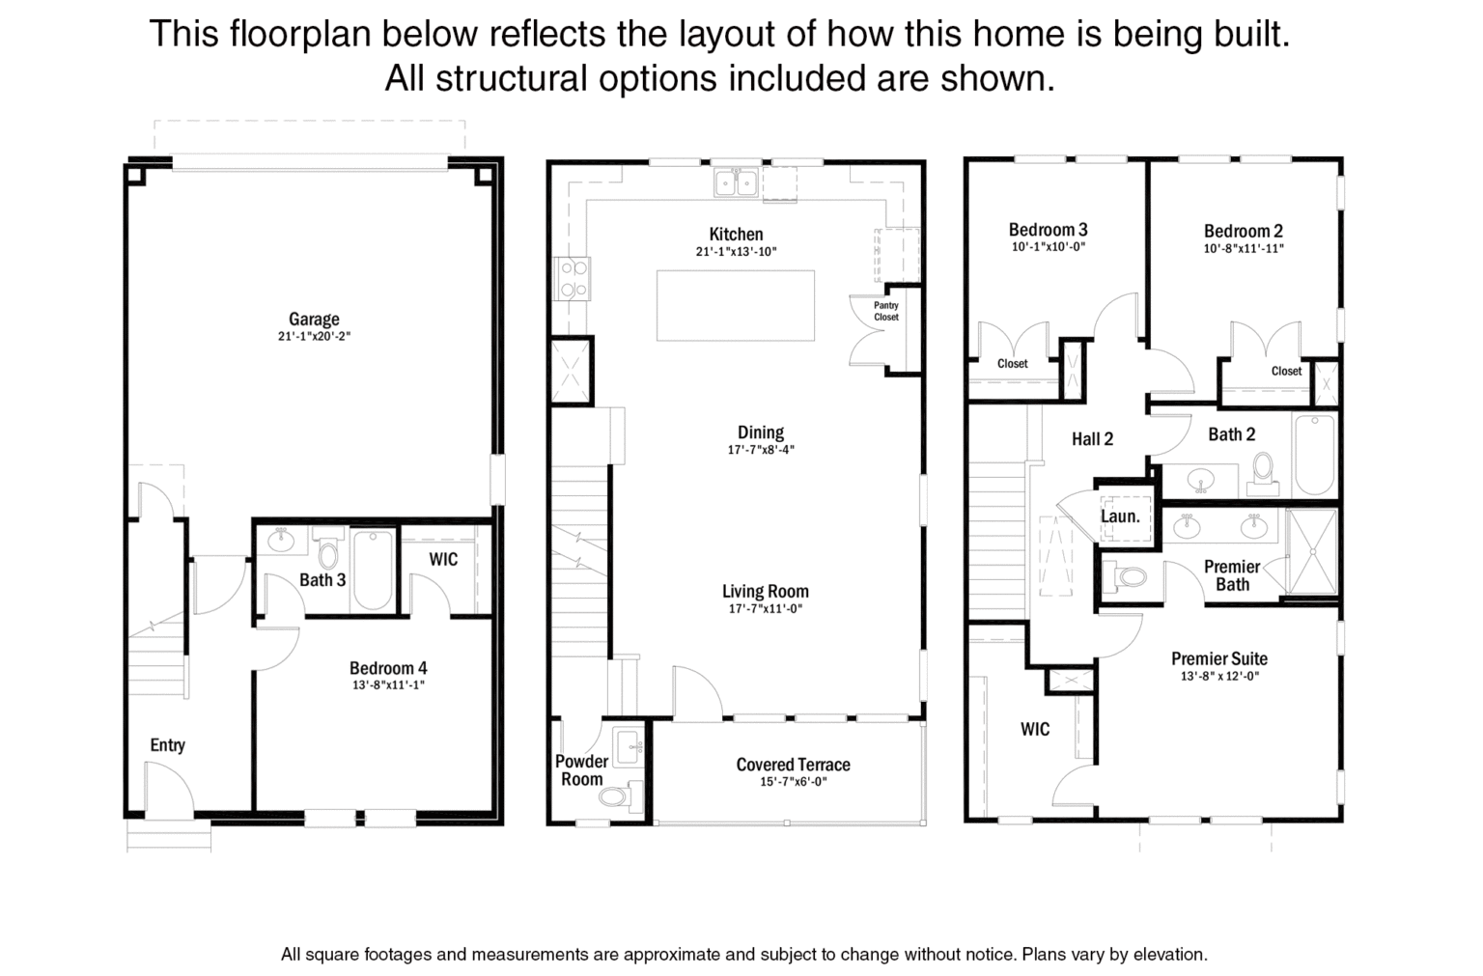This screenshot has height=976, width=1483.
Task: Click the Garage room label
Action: click(x=314, y=320)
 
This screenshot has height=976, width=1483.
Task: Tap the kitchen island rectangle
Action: click(x=736, y=305)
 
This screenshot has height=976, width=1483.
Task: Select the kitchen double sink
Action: click(x=737, y=182)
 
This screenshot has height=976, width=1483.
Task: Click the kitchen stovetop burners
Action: click(x=573, y=279)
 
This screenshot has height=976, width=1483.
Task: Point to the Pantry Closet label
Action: click(x=885, y=311)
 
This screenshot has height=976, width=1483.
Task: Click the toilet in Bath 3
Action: click(x=327, y=549)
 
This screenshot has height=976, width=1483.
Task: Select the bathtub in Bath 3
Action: click(x=373, y=570)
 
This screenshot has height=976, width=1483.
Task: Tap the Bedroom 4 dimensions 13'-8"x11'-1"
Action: click(x=389, y=685)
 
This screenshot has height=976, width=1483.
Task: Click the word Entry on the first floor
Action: click(x=167, y=745)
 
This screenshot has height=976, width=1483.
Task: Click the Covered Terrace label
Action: click(x=793, y=765)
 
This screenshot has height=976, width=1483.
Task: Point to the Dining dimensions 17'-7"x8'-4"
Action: click(x=761, y=450)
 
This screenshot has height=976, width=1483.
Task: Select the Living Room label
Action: click(x=766, y=591)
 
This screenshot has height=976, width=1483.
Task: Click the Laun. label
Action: click(x=1120, y=516)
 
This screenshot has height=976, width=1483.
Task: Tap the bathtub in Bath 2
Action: click(x=1315, y=455)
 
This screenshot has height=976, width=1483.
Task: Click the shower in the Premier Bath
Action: click(x=1311, y=551)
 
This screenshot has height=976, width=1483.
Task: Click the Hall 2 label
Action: click(x=1092, y=439)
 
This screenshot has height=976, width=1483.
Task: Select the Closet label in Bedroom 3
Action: click(x=1012, y=364)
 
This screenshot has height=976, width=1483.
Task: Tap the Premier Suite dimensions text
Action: click(x=1219, y=676)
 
